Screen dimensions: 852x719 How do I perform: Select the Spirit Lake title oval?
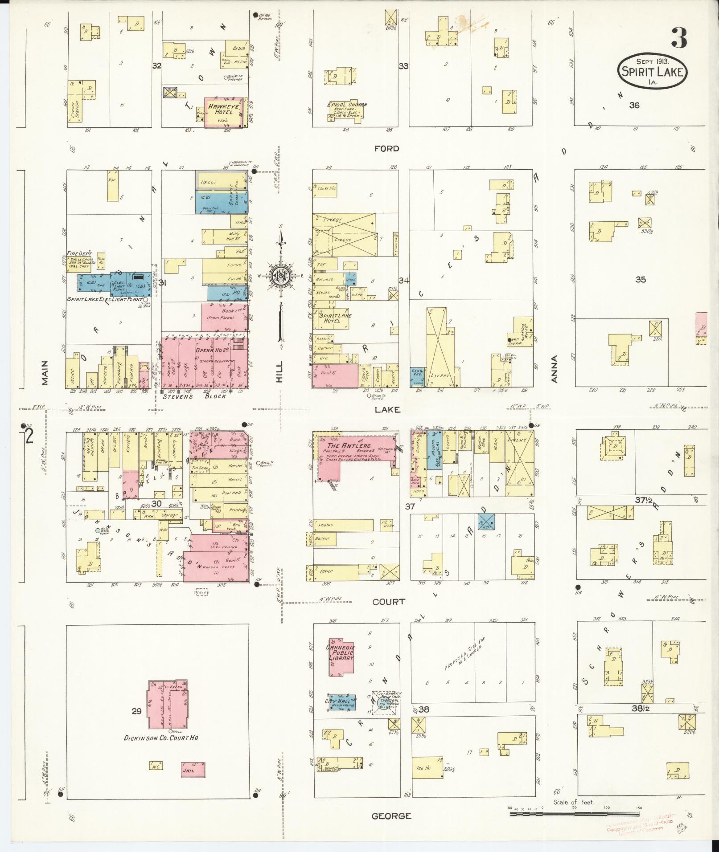(x=652, y=71)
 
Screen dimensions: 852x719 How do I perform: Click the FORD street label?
(x=386, y=149)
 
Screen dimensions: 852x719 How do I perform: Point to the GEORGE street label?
(x=391, y=815)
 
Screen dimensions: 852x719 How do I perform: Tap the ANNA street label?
(x=555, y=369)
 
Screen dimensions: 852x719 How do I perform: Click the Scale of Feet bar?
(x=575, y=813)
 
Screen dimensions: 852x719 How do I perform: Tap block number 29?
(x=136, y=711)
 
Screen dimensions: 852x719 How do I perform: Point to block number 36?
(x=634, y=105)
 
